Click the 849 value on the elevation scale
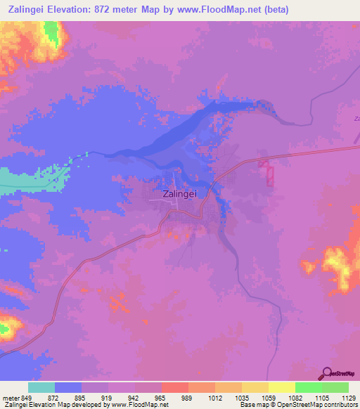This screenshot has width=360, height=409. click(27, 397)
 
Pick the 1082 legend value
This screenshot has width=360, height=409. click(295, 397)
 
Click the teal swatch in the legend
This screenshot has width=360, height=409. click(41, 387)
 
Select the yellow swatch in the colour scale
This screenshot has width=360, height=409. click(282, 387)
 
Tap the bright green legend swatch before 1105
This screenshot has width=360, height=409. click(309, 387)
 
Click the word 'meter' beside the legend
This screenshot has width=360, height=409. click(11, 397)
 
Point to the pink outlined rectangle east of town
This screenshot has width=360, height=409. click(267, 171)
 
